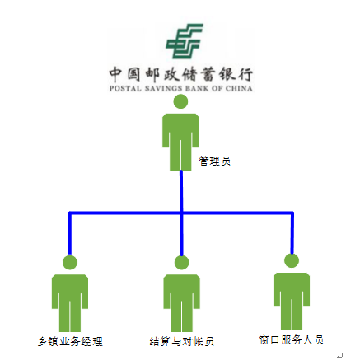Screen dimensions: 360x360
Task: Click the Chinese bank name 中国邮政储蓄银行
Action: [x=180, y=74]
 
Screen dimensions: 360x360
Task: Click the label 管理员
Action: [x=215, y=161]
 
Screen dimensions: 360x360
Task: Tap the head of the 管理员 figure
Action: [x=180, y=101]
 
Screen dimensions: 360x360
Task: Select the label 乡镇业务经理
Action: [x=70, y=342]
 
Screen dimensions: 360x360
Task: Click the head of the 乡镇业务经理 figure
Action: [x=70, y=262]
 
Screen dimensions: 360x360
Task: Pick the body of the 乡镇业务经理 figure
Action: [x=70, y=303]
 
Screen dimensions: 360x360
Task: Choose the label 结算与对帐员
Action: [x=182, y=342]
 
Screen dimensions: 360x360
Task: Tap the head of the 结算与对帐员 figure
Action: [x=182, y=262]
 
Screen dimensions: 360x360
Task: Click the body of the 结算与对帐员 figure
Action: [x=182, y=303]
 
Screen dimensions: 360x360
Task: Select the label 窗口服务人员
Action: [x=292, y=340]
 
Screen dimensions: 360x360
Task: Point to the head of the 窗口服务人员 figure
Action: [x=292, y=260]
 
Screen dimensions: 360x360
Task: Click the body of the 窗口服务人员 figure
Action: [x=292, y=302]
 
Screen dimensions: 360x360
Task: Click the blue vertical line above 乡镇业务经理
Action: [x=70, y=233]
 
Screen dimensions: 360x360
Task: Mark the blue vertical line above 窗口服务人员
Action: [x=292, y=233]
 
